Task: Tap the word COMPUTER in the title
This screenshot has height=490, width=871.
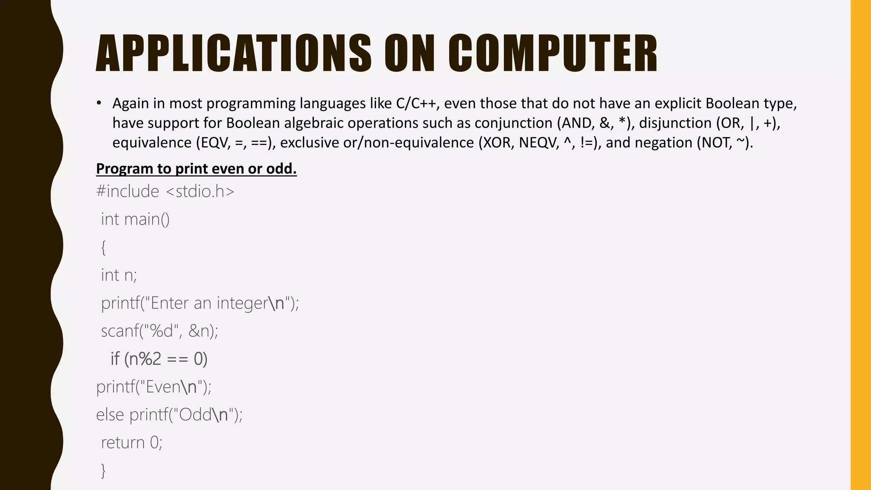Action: pyautogui.click(x=552, y=54)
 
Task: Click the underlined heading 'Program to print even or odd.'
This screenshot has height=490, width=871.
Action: pyautogui.click(x=196, y=169)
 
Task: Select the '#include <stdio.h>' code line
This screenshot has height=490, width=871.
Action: pyautogui.click(x=165, y=191)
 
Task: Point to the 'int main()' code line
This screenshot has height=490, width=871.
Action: pyautogui.click(x=135, y=219)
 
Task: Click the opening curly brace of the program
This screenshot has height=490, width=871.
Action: pyautogui.click(x=103, y=248)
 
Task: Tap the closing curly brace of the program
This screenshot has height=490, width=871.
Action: pyautogui.click(x=103, y=470)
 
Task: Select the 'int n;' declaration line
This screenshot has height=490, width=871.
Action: pyautogui.click(x=119, y=275)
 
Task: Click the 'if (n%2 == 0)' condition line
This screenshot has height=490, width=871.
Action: pyautogui.click(x=159, y=359)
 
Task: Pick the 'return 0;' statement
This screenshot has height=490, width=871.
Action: pyautogui.click(x=131, y=443)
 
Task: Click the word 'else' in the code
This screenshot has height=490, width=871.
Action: pyautogui.click(x=110, y=415)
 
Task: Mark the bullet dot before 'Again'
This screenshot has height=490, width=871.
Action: pyautogui.click(x=99, y=103)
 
